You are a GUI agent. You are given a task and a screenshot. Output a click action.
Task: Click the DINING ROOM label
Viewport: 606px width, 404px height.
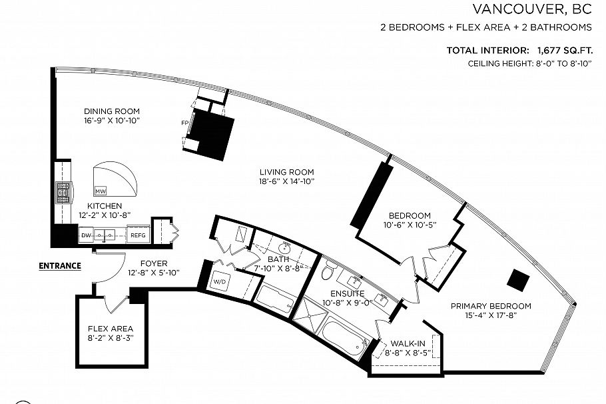click(x=112, y=111)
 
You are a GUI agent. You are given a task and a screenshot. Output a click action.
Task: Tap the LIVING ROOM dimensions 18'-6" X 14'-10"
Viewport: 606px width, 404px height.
click(x=287, y=181)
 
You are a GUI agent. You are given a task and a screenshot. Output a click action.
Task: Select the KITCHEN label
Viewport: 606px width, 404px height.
click(x=105, y=206)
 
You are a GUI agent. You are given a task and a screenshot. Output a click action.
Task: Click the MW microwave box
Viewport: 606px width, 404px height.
click(x=101, y=190)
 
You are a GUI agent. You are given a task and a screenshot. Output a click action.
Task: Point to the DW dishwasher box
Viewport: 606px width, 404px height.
click(x=85, y=235)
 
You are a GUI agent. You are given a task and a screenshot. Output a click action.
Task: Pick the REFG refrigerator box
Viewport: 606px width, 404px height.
click(x=137, y=235)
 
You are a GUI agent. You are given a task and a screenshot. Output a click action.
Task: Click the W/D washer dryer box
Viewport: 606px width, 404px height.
click(x=220, y=280)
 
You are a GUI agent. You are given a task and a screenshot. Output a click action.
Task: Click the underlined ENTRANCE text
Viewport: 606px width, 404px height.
click(x=60, y=265)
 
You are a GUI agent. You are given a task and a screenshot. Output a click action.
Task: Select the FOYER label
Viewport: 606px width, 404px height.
click(x=153, y=263)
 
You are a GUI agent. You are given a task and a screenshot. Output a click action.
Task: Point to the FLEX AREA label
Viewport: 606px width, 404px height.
click(x=111, y=329)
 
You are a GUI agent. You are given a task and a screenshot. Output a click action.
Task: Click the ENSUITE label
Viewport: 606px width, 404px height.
click(x=348, y=293)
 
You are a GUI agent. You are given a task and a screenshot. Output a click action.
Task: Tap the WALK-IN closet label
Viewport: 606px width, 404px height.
click(x=407, y=343)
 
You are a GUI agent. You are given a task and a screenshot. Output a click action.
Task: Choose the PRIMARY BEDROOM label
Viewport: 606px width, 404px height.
click(x=491, y=306)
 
